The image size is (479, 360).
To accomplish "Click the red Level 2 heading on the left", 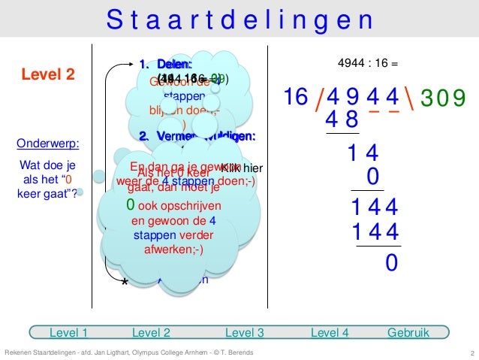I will (x=47, y=74).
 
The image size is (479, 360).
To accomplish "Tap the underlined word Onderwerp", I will (x=48, y=144).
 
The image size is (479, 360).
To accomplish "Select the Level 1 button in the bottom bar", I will (x=68, y=331).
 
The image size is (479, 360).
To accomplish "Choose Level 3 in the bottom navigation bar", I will (x=244, y=331).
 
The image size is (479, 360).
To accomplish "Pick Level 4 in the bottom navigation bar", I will (x=329, y=331).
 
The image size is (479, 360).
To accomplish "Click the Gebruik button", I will (x=408, y=331).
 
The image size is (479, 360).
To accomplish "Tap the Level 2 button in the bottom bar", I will (x=151, y=331).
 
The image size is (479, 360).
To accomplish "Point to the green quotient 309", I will (x=442, y=97).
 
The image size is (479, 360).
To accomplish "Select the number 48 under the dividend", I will (x=342, y=119).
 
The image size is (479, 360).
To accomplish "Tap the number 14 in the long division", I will (x=363, y=154).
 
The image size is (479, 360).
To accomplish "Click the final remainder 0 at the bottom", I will (x=391, y=263).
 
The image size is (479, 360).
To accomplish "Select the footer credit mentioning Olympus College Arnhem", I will (x=128, y=353).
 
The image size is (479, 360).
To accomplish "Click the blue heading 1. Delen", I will (x=166, y=65).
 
